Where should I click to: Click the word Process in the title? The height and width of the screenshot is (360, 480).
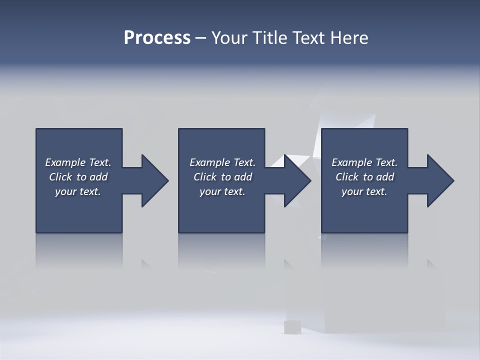[157, 38]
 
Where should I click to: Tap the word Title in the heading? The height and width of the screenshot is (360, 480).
[271, 38]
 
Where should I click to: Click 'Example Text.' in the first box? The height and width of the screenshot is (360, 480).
[78, 162]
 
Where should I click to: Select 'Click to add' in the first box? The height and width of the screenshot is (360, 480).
[78, 177]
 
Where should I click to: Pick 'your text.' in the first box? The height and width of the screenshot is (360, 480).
[78, 191]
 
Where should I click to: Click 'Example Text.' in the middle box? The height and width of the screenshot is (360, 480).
[222, 162]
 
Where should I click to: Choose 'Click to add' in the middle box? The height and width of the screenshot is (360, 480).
[222, 177]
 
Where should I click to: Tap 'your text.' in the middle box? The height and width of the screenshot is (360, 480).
[222, 191]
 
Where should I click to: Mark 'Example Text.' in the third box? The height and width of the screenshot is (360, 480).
[364, 162]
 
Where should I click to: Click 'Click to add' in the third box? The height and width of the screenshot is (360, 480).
[364, 177]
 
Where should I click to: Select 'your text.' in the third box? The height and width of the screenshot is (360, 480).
[364, 191]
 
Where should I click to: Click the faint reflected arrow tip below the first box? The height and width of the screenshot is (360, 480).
[145, 263]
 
